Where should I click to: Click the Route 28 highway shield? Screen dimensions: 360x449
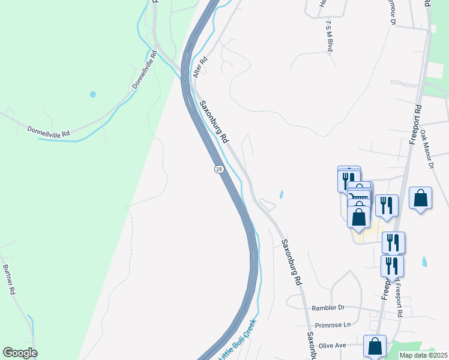pyautogui.click(x=219, y=170)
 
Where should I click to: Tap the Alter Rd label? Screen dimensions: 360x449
pyautogui.click(x=200, y=67)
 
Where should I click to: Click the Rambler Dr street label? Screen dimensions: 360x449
pyautogui.click(x=328, y=308)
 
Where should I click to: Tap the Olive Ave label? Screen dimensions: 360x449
pyautogui.click(x=333, y=346)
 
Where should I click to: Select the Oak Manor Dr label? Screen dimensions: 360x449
pyautogui.click(x=427, y=150)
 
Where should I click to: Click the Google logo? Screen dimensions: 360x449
pyautogui.click(x=20, y=353)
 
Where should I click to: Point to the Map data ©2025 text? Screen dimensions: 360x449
pyautogui.click(x=424, y=355)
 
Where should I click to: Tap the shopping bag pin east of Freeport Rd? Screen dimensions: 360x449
pyautogui.click(x=421, y=199)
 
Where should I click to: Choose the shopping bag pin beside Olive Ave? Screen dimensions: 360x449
pyautogui.click(x=375, y=346)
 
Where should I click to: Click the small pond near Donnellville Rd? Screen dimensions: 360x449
pyautogui.click(x=92, y=94)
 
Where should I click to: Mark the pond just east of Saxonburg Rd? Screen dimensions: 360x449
pyautogui.click(x=281, y=194)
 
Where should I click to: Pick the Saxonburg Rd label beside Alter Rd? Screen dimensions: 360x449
pyautogui.click(x=214, y=121)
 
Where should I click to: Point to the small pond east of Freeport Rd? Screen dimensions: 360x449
pyautogui.click(x=425, y=262)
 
